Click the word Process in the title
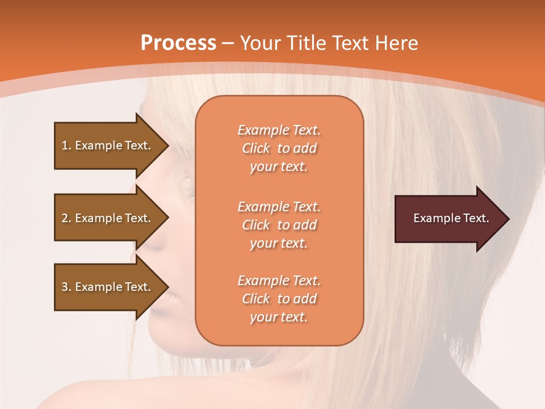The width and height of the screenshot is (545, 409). click(x=178, y=43)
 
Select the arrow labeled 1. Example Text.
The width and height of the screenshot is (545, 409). click(x=108, y=145)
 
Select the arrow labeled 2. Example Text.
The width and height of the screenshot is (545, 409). click(x=108, y=218)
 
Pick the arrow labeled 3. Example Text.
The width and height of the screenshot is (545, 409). click(x=108, y=287)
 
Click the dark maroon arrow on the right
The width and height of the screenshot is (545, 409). click(x=448, y=218)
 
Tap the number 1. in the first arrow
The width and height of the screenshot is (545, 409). click(x=66, y=145)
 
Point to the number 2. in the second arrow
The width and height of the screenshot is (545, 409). click(x=66, y=218)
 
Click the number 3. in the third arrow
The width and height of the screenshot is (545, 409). click(x=66, y=287)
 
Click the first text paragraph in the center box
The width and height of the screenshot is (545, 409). click(x=279, y=148)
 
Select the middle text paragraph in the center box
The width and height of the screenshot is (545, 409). click(x=279, y=225)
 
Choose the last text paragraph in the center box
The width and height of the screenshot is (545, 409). click(x=279, y=299)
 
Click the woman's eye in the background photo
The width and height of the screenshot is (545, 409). click(x=186, y=183)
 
